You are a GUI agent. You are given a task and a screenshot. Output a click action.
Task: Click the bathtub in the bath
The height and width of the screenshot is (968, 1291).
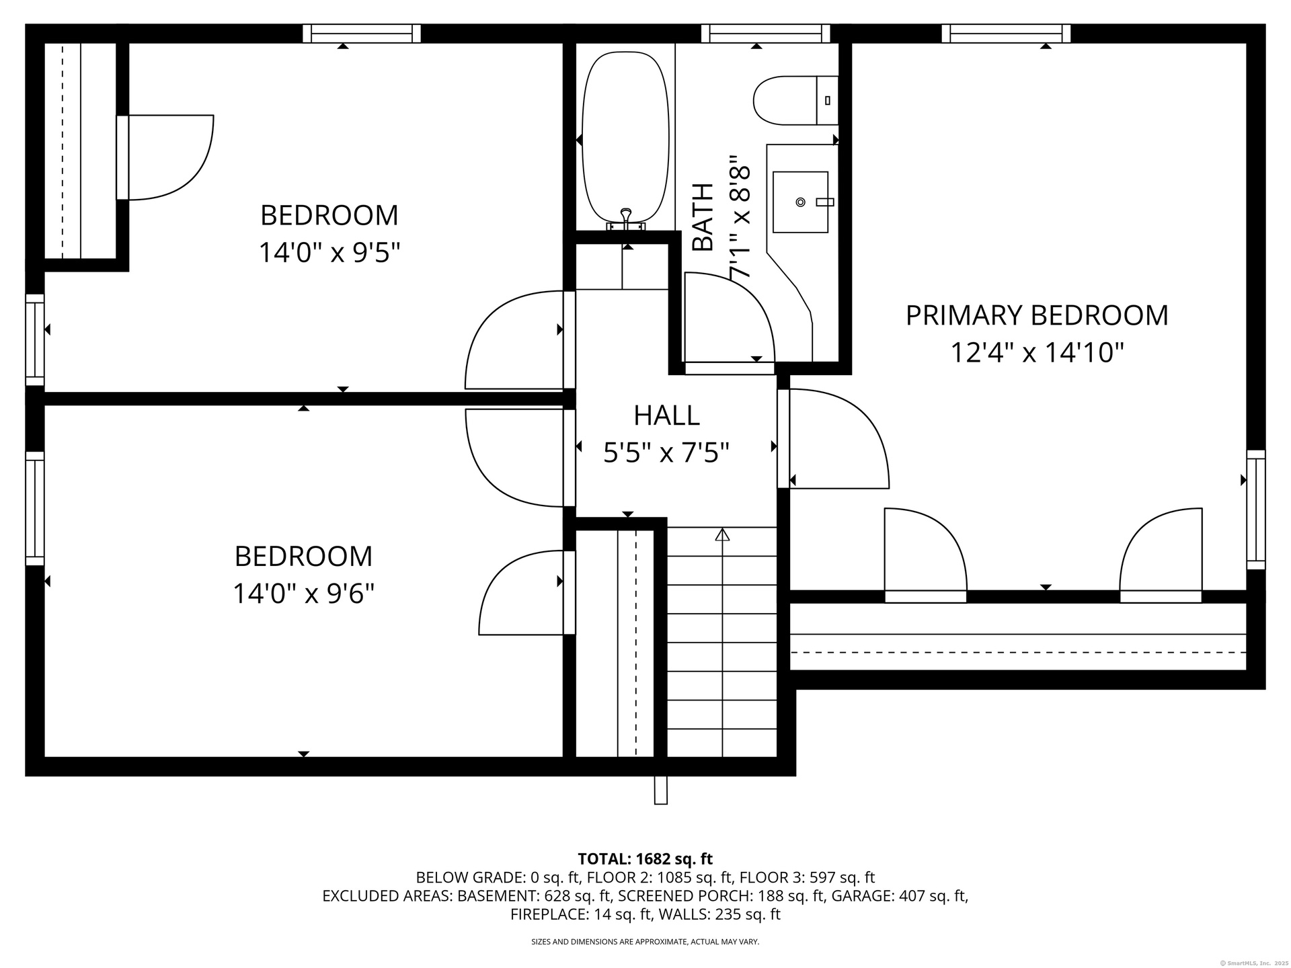(626, 137)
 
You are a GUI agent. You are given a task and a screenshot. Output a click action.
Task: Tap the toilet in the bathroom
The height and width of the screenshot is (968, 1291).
(796, 100)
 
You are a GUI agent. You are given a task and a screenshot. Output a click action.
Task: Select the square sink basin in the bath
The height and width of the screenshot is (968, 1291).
(800, 202)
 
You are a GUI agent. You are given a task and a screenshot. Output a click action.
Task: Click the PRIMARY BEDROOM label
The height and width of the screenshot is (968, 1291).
(1037, 315)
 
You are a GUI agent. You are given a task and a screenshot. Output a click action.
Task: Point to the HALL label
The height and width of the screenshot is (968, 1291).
(666, 415)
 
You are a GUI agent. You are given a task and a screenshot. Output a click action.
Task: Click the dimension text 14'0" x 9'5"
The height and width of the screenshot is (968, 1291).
(329, 253)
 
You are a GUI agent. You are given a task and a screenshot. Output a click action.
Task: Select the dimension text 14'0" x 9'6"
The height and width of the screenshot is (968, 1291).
(303, 594)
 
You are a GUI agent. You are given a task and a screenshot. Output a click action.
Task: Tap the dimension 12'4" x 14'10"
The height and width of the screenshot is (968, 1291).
(1037, 352)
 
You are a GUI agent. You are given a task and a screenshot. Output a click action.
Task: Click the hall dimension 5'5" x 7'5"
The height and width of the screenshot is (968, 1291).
(666, 452)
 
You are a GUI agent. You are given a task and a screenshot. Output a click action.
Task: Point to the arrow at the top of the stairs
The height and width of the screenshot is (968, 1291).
(722, 535)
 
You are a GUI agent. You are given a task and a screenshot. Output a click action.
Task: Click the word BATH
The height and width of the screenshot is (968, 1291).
(703, 217)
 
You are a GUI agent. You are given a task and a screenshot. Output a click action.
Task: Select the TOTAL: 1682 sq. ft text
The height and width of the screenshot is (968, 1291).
(645, 858)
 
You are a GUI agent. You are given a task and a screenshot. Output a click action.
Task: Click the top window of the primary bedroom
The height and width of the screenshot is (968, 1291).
(1006, 33)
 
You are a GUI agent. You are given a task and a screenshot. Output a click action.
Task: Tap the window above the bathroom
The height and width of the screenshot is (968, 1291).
(765, 33)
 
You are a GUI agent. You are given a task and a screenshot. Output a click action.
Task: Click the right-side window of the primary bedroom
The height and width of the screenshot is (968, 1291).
(1256, 510)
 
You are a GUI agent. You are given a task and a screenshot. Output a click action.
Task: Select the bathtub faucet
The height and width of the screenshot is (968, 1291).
(626, 220)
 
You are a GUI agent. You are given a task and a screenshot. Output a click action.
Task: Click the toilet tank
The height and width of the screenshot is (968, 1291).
(828, 100)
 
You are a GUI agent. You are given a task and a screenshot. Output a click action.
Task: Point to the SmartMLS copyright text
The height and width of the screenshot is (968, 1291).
(1255, 963)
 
